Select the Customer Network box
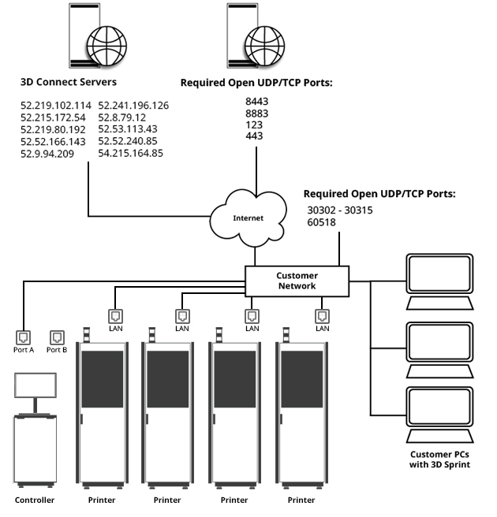tap(296, 281)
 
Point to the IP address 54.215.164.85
tap(131, 153)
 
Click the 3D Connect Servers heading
tap(69, 81)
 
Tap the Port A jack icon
tap(24, 337)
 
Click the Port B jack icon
tap(56, 337)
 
